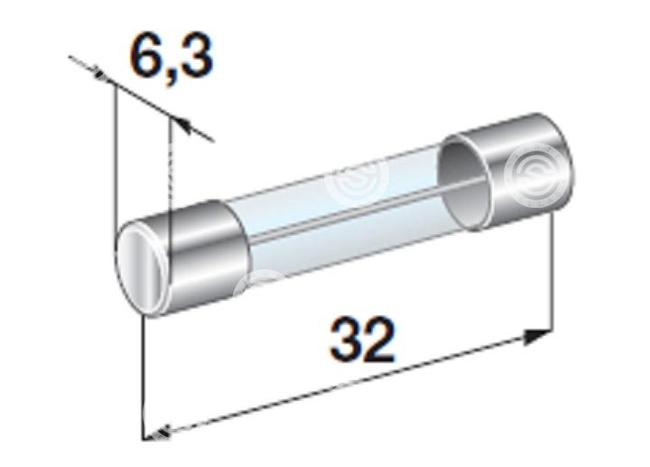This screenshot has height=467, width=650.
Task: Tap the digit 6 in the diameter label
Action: coord(146,56)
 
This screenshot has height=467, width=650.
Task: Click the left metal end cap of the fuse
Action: coord(182,258)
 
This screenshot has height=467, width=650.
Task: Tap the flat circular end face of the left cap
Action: coord(140,269)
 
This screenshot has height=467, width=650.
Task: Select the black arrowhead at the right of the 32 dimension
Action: coord(537,337)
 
